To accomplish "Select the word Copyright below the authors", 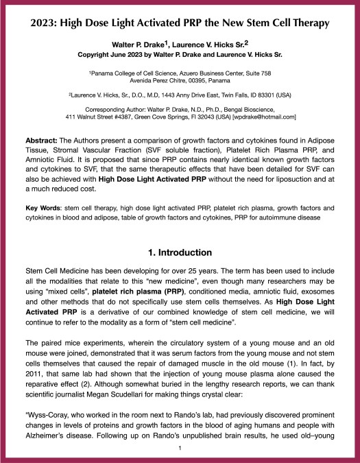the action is pyautogui.click(x=110, y=55).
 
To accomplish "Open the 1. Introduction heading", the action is pyautogui.click(x=180, y=252).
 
